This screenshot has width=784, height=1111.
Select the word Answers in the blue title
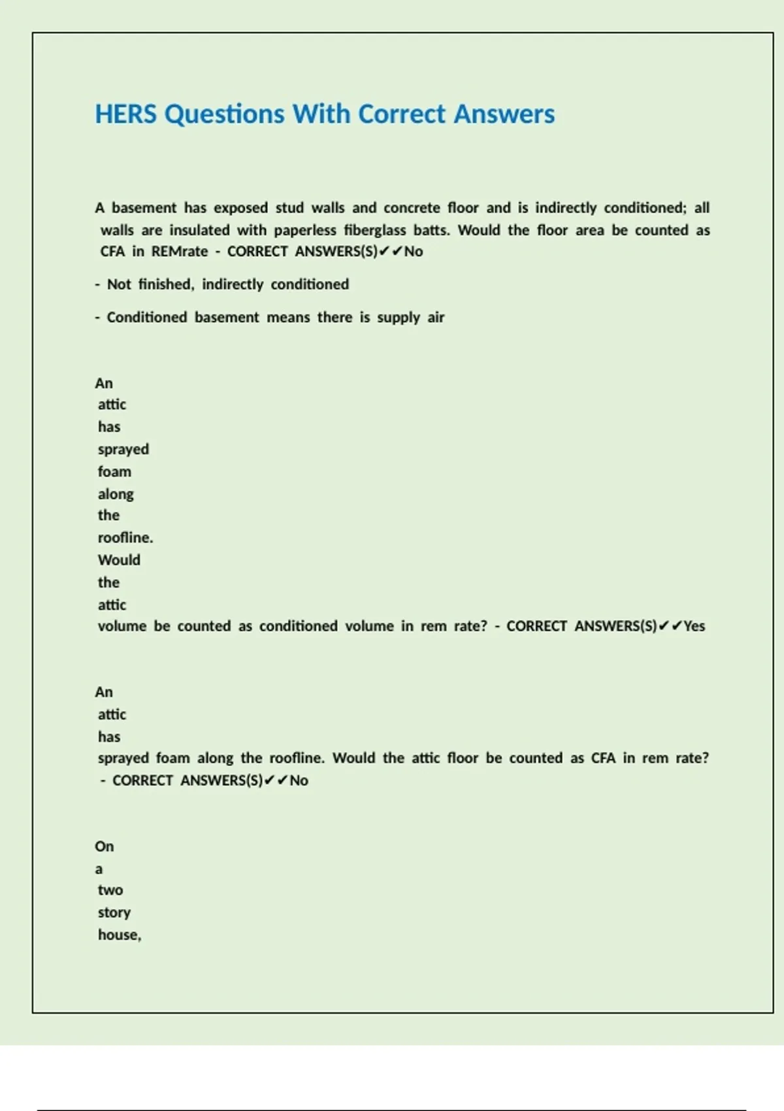click(x=504, y=114)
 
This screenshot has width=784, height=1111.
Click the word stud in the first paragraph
click(x=289, y=208)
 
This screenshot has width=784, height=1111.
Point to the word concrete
click(x=412, y=208)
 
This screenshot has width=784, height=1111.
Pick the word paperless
click(x=305, y=230)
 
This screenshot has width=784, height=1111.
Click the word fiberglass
click(x=375, y=230)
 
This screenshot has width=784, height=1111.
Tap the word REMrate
click(x=180, y=252)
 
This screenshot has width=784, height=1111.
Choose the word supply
click(x=399, y=318)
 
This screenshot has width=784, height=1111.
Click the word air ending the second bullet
click(x=436, y=318)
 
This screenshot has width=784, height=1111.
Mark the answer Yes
click(x=694, y=626)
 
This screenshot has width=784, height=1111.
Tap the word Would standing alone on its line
click(x=119, y=560)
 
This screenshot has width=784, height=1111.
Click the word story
click(x=114, y=912)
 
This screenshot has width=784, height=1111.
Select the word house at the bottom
click(x=119, y=935)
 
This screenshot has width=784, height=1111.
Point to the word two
click(x=110, y=890)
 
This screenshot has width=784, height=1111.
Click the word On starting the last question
click(x=104, y=846)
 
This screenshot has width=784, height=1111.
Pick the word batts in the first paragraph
click(x=431, y=230)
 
